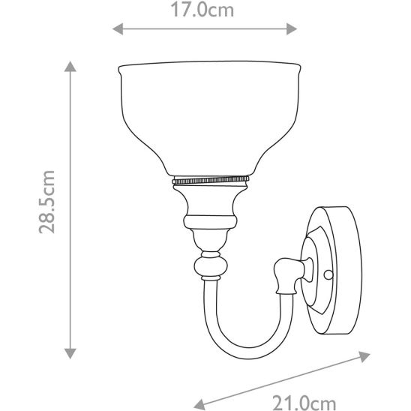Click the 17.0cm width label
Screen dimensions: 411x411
pos(204,10)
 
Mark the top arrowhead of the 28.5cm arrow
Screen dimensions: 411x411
pos(72,67)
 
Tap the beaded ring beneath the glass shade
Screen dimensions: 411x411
pos(210,181)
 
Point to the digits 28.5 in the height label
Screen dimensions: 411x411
pos(46,214)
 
